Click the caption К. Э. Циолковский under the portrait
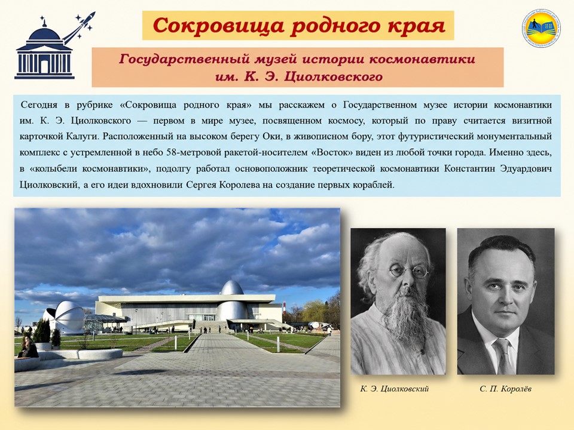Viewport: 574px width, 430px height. (394, 389)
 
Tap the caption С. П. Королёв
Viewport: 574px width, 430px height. (505, 389)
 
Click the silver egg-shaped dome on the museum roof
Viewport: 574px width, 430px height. (232, 287)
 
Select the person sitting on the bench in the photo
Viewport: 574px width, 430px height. (28, 347)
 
